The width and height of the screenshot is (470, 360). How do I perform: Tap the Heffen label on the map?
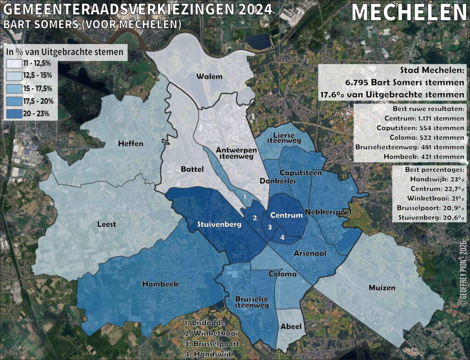[x=130, y=144]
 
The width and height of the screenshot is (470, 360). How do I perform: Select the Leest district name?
[x=107, y=224]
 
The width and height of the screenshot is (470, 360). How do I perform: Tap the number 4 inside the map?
[x=282, y=237]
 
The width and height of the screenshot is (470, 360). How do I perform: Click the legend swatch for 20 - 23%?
[x=15, y=113]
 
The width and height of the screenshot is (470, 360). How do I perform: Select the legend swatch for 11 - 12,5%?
[x=15, y=63]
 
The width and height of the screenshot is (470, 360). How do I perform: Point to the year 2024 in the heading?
[x=251, y=9]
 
